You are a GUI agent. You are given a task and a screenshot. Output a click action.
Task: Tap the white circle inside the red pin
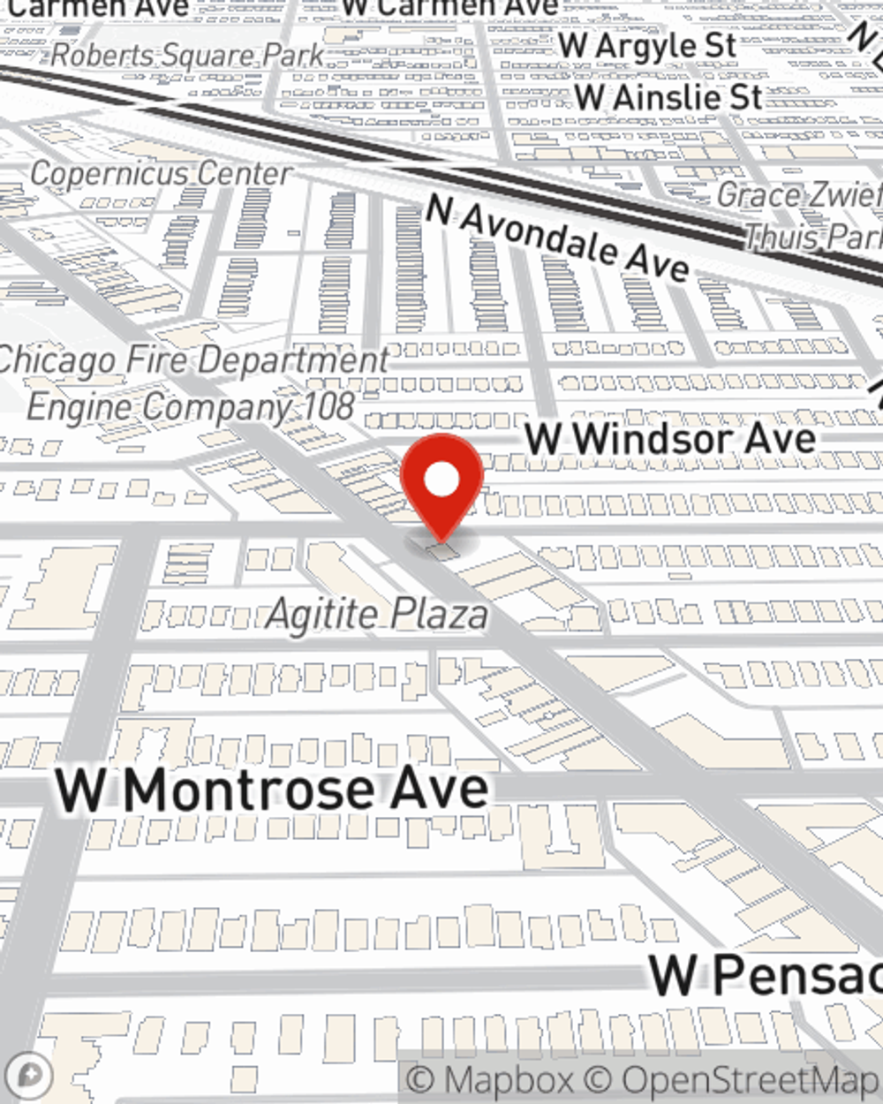tap(441, 480)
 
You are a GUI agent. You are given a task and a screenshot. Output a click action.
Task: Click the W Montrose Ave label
tap(272, 789)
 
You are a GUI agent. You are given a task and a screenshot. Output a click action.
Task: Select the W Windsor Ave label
tap(670, 438)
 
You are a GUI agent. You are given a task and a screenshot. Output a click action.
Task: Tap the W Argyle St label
tap(647, 46)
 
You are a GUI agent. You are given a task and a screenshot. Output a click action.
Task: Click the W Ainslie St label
tap(668, 96)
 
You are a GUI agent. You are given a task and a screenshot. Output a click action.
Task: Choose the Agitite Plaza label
tap(377, 614)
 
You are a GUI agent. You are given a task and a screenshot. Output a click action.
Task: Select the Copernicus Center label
tap(160, 174)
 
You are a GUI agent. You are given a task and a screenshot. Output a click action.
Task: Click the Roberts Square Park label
tap(187, 55)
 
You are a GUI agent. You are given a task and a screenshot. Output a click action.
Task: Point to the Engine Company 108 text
tap(190, 407)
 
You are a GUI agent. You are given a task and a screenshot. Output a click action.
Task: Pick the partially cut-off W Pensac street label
tap(765, 974)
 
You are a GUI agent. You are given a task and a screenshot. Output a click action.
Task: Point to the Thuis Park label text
tap(812, 237)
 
